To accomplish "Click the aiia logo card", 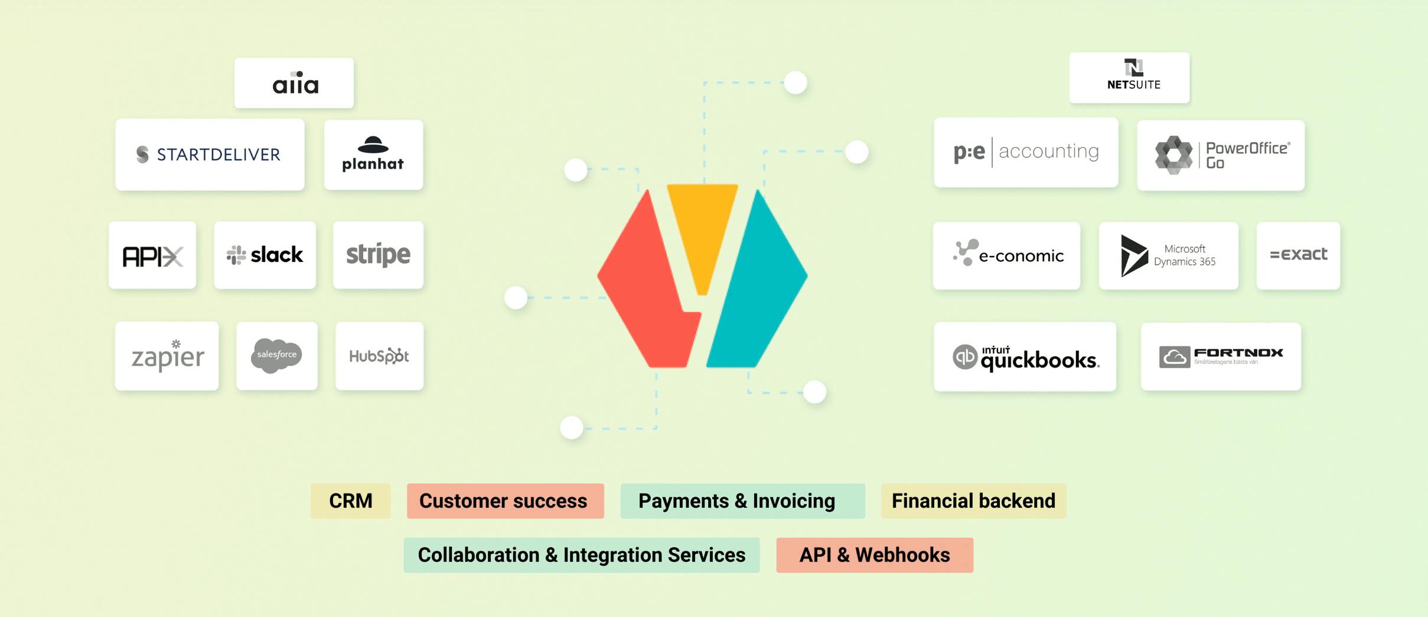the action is point(294,83).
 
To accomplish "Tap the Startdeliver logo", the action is point(208,154).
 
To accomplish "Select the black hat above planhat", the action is point(373,145).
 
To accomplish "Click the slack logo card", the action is point(265,255).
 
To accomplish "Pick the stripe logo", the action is point(378,255).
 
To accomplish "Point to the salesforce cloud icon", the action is point(276,355).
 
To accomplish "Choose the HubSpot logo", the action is point(379,356).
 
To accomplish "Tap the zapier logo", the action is point(168,356).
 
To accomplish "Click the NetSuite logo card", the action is point(1129,77).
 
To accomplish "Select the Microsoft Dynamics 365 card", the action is point(1168,255).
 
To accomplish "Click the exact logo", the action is point(1298,254).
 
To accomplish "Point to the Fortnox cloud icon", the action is point(1175,357).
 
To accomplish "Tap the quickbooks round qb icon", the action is point(965,357).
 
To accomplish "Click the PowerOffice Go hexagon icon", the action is point(1173,155).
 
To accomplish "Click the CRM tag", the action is point(351,501).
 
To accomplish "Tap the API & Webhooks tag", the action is point(875,555).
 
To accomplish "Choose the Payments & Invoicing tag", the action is point(743,501).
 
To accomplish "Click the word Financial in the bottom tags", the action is point(930,501).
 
